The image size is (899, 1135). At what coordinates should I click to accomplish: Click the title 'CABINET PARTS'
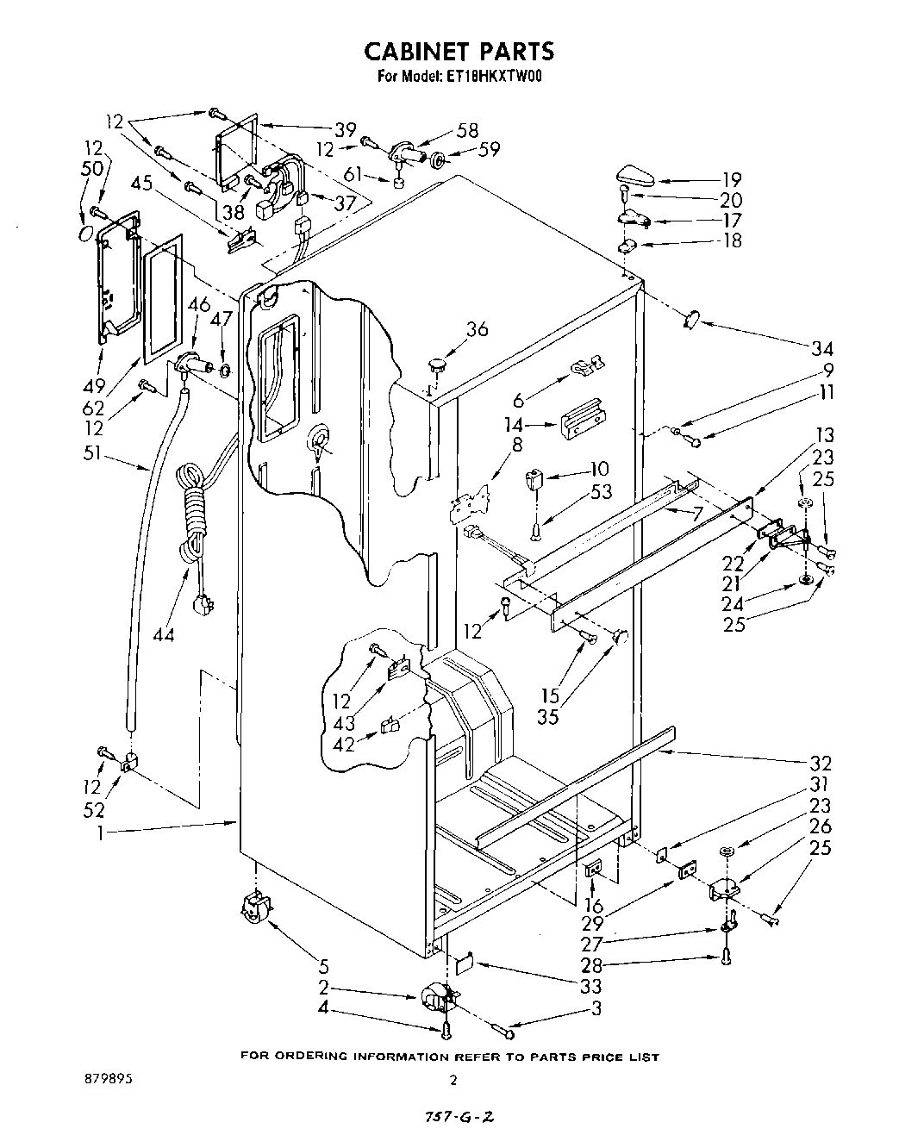coord(458,51)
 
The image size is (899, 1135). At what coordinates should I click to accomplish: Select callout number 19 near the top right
coord(732,180)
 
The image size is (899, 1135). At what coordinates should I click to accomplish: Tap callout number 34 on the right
coord(822,349)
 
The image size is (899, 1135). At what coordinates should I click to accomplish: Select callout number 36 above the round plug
coord(477,328)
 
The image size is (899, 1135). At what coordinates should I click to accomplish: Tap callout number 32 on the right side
coord(821,763)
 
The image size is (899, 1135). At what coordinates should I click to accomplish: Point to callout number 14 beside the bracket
coord(514,423)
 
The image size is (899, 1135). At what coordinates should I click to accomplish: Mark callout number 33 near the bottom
coord(591,986)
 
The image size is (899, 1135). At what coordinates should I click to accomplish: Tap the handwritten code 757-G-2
coord(459,1117)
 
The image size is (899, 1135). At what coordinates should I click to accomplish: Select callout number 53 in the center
coord(602,491)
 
